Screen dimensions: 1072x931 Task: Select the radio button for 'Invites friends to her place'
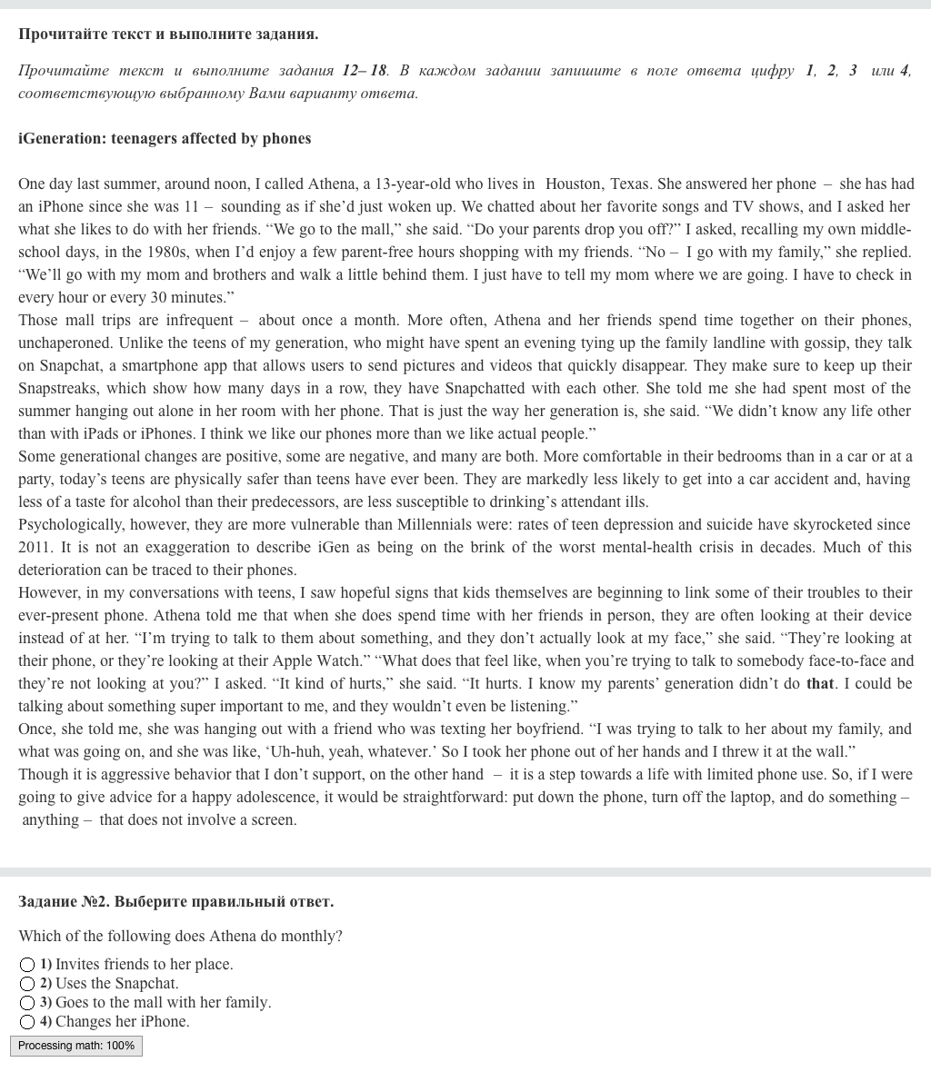(x=27, y=964)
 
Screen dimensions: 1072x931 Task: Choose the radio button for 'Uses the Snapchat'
(x=27, y=983)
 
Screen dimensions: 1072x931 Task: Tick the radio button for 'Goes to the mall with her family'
(x=27, y=1002)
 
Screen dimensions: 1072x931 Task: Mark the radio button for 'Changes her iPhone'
(x=27, y=1021)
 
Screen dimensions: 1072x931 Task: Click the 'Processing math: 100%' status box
(x=76, y=1046)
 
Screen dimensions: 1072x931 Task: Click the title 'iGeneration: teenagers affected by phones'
(x=165, y=138)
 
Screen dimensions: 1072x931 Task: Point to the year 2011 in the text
(x=35, y=547)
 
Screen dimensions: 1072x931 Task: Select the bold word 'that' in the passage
(x=820, y=683)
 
